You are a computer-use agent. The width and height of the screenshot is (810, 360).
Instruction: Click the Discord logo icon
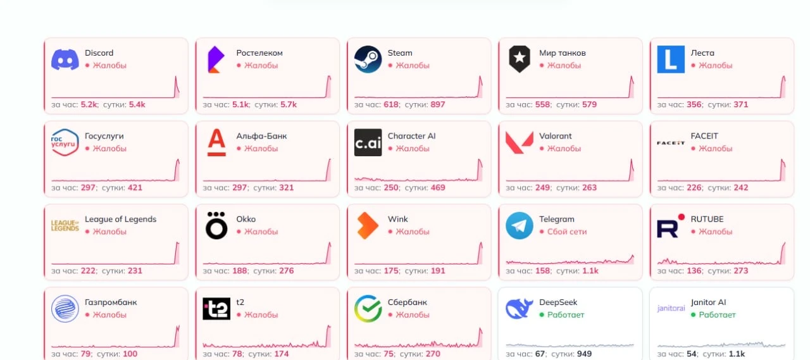tap(65, 59)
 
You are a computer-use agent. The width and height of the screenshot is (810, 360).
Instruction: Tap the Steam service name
tap(399, 53)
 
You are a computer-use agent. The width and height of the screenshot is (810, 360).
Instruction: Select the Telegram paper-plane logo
tap(520, 225)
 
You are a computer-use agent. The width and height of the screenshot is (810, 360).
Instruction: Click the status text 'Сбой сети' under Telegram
tap(566, 232)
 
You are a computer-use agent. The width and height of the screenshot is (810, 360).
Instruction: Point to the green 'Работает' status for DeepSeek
tap(566, 314)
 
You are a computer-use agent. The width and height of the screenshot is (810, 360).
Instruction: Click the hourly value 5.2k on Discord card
tap(89, 104)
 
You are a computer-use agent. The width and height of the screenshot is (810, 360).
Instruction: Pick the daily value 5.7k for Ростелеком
tap(288, 104)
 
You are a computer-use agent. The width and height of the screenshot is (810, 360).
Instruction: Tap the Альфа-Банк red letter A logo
tap(216, 142)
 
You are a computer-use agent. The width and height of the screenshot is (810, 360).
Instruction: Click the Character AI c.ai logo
tap(368, 142)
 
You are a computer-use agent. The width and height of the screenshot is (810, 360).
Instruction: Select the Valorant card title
tap(555, 136)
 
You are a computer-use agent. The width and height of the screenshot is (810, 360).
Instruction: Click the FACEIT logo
tap(671, 143)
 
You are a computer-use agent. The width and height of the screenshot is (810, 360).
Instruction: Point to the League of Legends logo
tap(65, 225)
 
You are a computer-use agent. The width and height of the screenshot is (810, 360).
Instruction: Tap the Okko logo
tap(216, 225)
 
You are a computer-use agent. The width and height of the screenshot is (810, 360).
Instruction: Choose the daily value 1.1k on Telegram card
tap(590, 271)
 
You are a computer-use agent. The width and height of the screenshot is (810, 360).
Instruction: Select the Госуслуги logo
tap(65, 142)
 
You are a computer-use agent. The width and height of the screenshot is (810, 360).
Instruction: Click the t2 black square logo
tap(216, 309)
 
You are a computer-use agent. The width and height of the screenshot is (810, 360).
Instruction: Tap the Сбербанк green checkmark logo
tap(368, 309)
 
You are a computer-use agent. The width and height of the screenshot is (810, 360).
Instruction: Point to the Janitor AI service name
tap(708, 302)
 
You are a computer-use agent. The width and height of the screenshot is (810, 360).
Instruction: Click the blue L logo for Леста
tap(671, 59)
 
